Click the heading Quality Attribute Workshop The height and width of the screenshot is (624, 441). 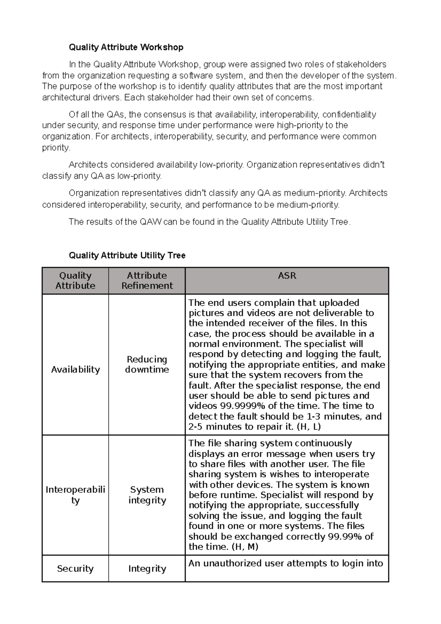point(126,47)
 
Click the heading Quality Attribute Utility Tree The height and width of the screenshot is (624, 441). point(127,255)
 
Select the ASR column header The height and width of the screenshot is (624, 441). point(287,276)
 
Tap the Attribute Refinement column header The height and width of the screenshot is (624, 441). point(147,281)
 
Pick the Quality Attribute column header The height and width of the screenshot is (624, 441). point(75,281)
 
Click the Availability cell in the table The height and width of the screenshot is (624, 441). point(75,370)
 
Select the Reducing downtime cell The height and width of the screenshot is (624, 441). point(147,365)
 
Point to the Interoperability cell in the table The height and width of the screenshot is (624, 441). point(75,495)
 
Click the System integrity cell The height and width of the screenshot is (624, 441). point(147,495)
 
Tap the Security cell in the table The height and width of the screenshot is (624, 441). point(75,569)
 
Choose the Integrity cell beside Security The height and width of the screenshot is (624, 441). point(147,569)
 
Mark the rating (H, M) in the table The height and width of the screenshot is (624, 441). point(245,547)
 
